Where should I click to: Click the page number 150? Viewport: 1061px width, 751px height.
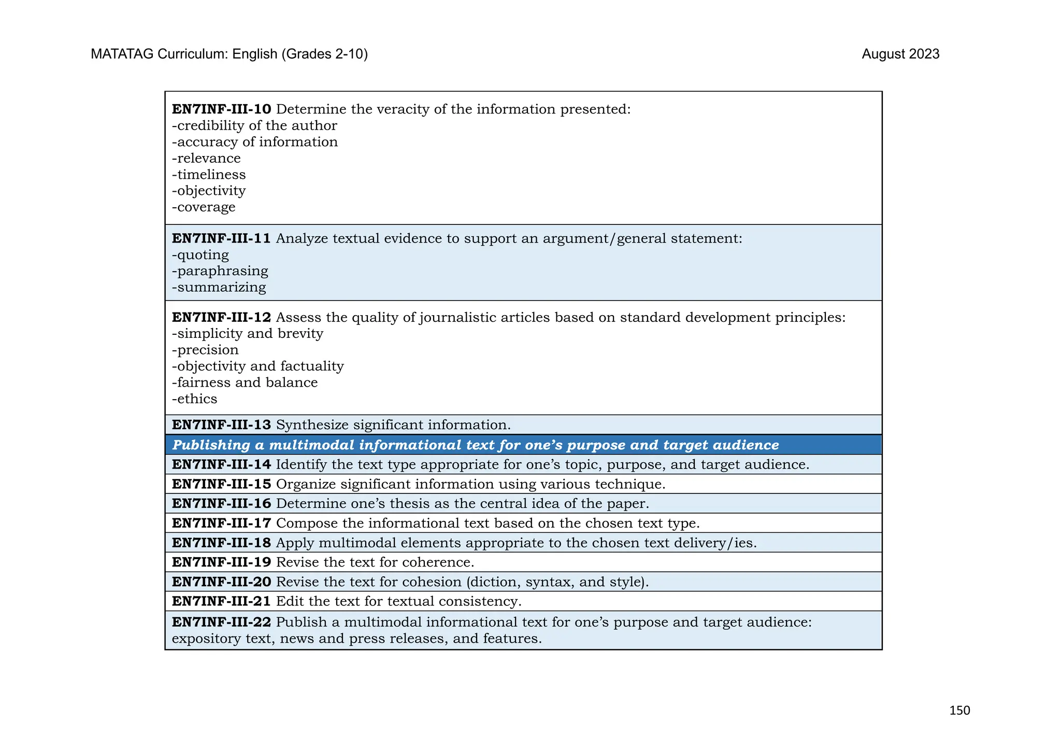coord(959,710)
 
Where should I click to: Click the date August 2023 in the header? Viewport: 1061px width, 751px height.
coord(900,54)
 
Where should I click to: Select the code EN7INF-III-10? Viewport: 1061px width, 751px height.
coord(221,109)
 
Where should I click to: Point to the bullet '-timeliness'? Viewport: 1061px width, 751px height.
coord(209,175)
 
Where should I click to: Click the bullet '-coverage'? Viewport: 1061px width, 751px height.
coord(204,207)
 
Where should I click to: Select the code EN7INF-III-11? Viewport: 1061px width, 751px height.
coord(221,238)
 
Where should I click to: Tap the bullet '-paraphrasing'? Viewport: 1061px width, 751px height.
coord(220,271)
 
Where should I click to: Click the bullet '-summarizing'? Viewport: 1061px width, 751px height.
coord(219,287)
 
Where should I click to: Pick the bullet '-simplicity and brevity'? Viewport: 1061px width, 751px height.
coord(248,333)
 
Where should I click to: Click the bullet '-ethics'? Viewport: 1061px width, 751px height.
coord(195,399)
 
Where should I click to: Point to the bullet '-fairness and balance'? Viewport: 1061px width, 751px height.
coord(245,382)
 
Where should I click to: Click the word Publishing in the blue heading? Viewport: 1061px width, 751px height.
coord(204,445)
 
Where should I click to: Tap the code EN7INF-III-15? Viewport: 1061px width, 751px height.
coord(221,484)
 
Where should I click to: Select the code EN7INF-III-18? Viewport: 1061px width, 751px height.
coord(221,543)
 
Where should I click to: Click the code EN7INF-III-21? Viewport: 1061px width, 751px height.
coord(221,602)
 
